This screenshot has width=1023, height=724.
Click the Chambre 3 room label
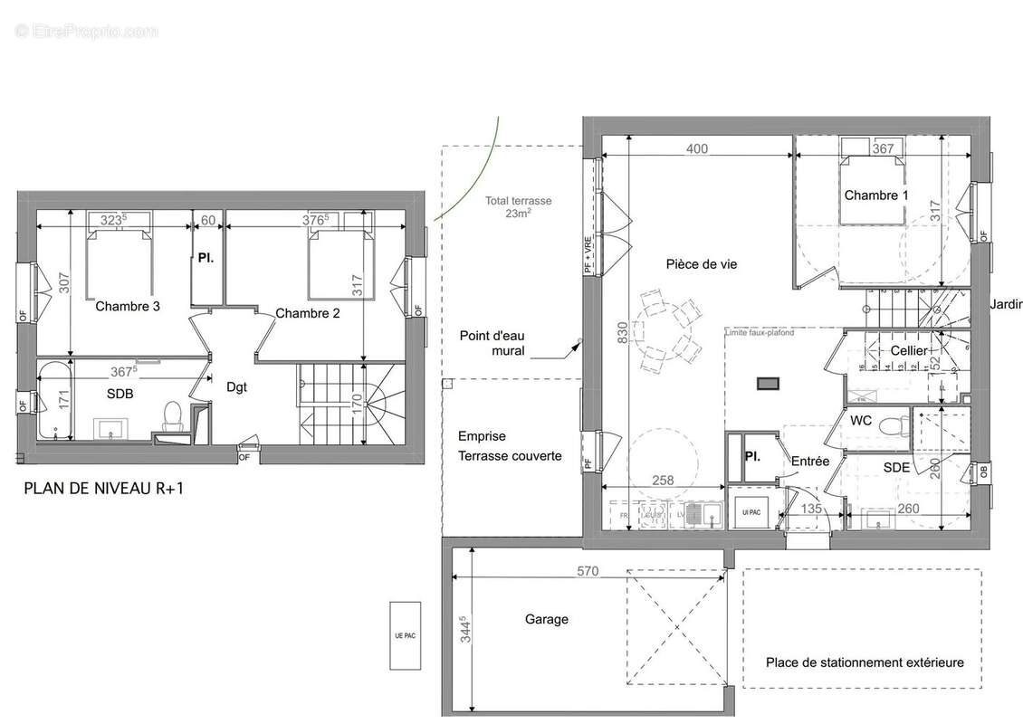click(x=128, y=307)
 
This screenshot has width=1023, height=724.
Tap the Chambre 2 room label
click(x=308, y=314)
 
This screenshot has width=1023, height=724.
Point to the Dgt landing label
click(x=236, y=386)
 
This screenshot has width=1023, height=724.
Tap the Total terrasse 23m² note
click(x=518, y=208)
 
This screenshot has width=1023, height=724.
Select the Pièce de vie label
click(x=702, y=264)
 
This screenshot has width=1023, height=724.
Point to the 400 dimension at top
click(x=696, y=149)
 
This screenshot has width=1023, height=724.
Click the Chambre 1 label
click(x=876, y=195)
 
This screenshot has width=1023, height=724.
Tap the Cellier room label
click(x=908, y=350)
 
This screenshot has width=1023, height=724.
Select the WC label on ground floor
click(x=860, y=422)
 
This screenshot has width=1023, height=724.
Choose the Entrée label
click(x=810, y=461)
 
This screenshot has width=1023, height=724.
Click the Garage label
click(x=547, y=619)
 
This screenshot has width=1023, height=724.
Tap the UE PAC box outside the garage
click(x=405, y=635)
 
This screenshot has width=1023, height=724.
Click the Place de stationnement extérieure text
click(x=864, y=662)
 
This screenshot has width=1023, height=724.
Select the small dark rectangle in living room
click(x=767, y=383)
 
